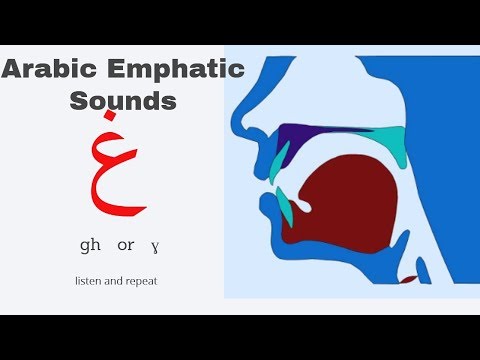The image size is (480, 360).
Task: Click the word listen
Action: (x=88, y=281)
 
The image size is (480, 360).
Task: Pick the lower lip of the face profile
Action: (x=267, y=206)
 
